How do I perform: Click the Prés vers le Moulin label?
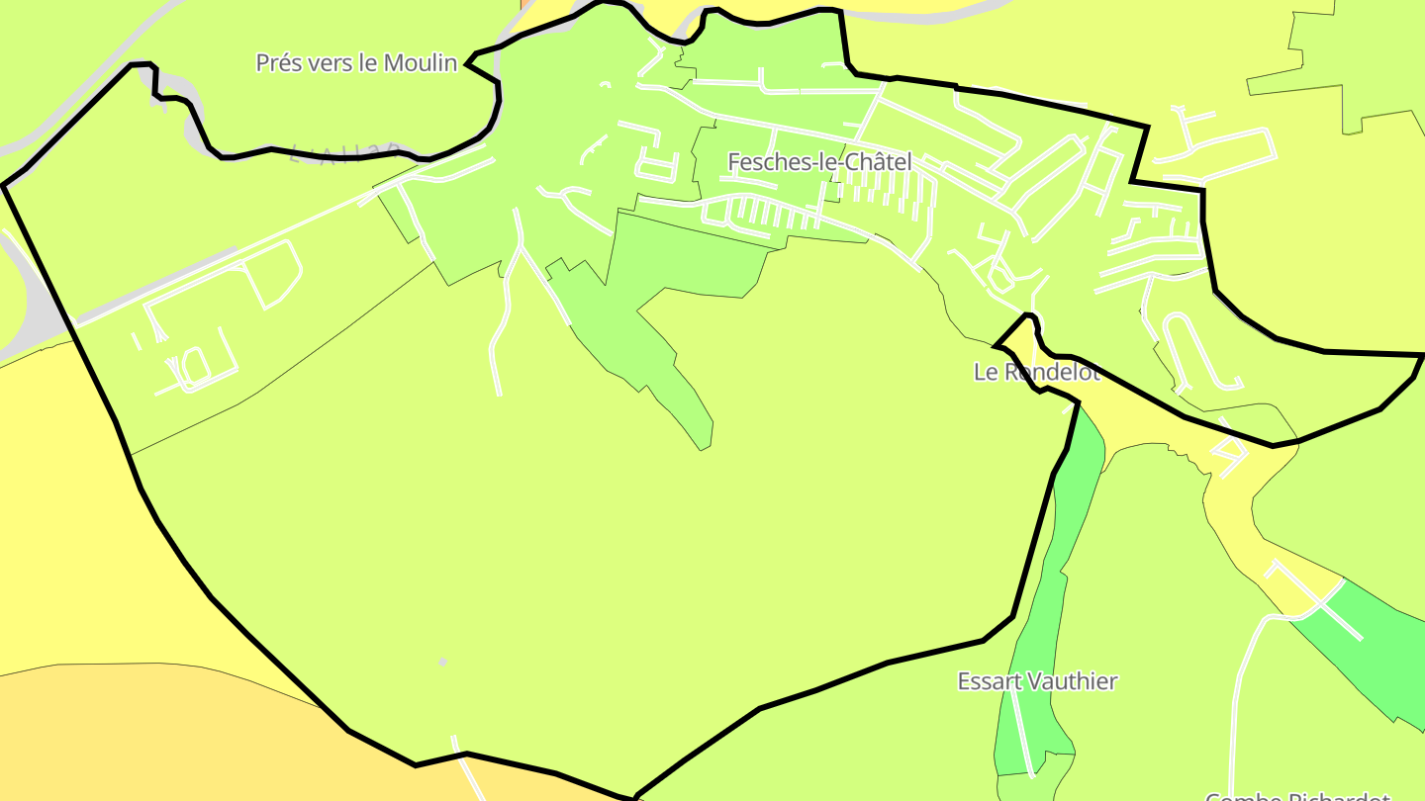(356, 63)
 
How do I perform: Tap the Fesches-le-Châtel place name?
(819, 162)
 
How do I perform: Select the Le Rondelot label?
(1036, 372)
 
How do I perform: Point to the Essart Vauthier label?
(1037, 681)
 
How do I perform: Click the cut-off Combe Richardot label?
(1296, 795)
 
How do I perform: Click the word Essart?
(990, 681)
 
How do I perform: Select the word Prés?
(279, 63)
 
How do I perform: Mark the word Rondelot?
(1051, 372)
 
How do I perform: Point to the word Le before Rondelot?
(986, 372)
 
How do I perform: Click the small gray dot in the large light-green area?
(442, 662)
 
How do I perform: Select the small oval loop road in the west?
(195, 365)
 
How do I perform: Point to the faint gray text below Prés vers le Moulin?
(346, 153)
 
